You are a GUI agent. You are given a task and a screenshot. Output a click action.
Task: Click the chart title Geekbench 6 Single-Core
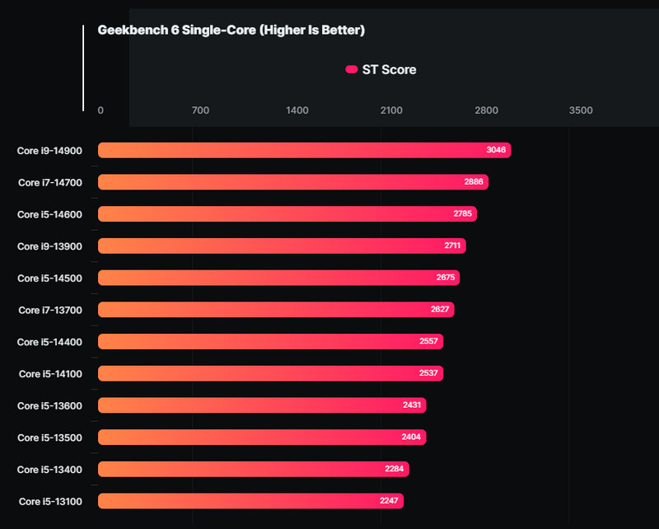click(231, 30)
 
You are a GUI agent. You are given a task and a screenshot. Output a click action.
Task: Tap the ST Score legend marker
click(352, 70)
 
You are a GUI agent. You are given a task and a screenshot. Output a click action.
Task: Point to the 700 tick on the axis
click(200, 110)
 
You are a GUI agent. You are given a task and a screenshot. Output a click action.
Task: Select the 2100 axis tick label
click(391, 110)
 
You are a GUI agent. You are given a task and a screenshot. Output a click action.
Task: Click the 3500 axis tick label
click(581, 110)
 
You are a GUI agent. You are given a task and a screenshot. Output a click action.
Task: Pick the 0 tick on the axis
click(100, 110)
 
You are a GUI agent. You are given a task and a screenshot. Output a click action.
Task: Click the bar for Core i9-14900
click(304, 150)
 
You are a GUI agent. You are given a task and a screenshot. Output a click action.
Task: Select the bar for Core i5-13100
click(250, 501)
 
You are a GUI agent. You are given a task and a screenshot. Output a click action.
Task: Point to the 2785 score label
click(462, 214)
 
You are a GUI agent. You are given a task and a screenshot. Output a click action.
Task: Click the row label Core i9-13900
click(49, 246)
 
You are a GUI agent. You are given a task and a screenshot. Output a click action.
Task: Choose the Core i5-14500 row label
click(49, 279)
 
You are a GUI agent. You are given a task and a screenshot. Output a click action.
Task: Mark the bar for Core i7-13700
click(276, 310)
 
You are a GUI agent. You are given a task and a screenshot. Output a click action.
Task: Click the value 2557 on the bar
click(428, 342)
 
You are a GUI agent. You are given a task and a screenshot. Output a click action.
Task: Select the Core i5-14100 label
click(50, 374)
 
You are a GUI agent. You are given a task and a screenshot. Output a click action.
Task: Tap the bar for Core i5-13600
click(262, 405)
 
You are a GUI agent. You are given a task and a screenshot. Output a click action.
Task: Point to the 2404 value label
click(411, 438)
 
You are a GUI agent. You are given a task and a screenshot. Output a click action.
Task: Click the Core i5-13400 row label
click(49, 470)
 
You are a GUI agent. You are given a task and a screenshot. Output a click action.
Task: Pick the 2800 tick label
click(486, 110)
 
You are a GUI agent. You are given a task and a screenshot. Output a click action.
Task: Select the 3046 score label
click(496, 150)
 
